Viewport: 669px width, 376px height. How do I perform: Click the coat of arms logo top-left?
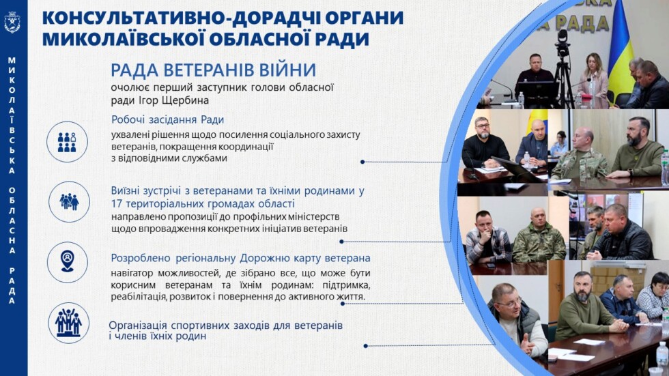(x=12, y=22)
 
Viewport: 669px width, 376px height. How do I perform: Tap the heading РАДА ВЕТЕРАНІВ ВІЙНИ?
(x=213, y=70)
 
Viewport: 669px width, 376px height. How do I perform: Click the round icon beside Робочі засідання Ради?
(x=67, y=141)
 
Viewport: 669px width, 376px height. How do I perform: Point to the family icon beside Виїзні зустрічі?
(x=69, y=201)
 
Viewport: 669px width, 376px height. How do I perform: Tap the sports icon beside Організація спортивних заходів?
(x=68, y=322)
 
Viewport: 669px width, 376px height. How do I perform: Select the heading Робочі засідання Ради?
(x=168, y=119)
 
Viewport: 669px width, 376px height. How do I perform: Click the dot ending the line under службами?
(x=362, y=162)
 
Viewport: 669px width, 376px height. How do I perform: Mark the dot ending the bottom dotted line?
(x=366, y=345)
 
